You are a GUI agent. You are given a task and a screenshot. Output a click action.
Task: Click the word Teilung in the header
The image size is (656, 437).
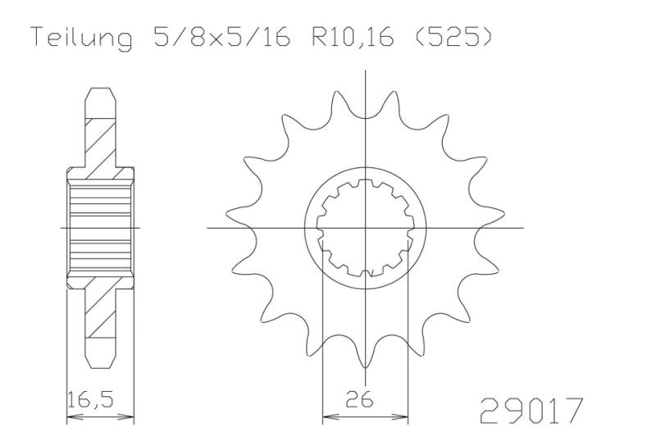83,38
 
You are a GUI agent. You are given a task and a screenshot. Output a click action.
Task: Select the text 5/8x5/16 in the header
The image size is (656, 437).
221,36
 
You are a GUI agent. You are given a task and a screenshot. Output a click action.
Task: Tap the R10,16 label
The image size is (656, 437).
352,37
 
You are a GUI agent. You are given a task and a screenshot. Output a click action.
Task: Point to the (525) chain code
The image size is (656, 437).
453,36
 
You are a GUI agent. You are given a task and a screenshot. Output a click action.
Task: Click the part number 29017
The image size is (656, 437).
531,410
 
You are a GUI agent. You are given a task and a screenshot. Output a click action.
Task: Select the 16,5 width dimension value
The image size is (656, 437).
90,400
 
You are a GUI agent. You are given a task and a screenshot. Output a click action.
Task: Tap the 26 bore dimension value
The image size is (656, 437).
359,400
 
